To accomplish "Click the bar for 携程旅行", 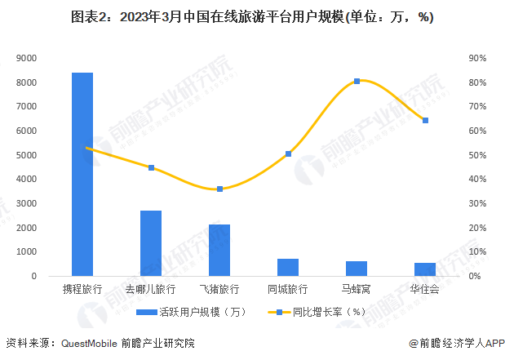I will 82,174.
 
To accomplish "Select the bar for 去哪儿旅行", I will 151,243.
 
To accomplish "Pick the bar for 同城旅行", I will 288,267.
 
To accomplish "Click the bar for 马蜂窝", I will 357,269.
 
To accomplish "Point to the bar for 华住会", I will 425,269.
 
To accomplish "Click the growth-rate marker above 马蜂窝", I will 357,81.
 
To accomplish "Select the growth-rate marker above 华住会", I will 425,120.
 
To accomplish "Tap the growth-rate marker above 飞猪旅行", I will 219,189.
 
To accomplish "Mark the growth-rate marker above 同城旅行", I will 288,153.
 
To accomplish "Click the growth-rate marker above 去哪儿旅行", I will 151,167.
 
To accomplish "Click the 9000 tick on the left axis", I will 27,59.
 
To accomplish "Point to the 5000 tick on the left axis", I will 27,155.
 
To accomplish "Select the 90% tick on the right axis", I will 477,59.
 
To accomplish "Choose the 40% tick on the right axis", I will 477,180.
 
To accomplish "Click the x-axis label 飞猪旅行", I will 219,289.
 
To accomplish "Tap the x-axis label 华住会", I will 425,289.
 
